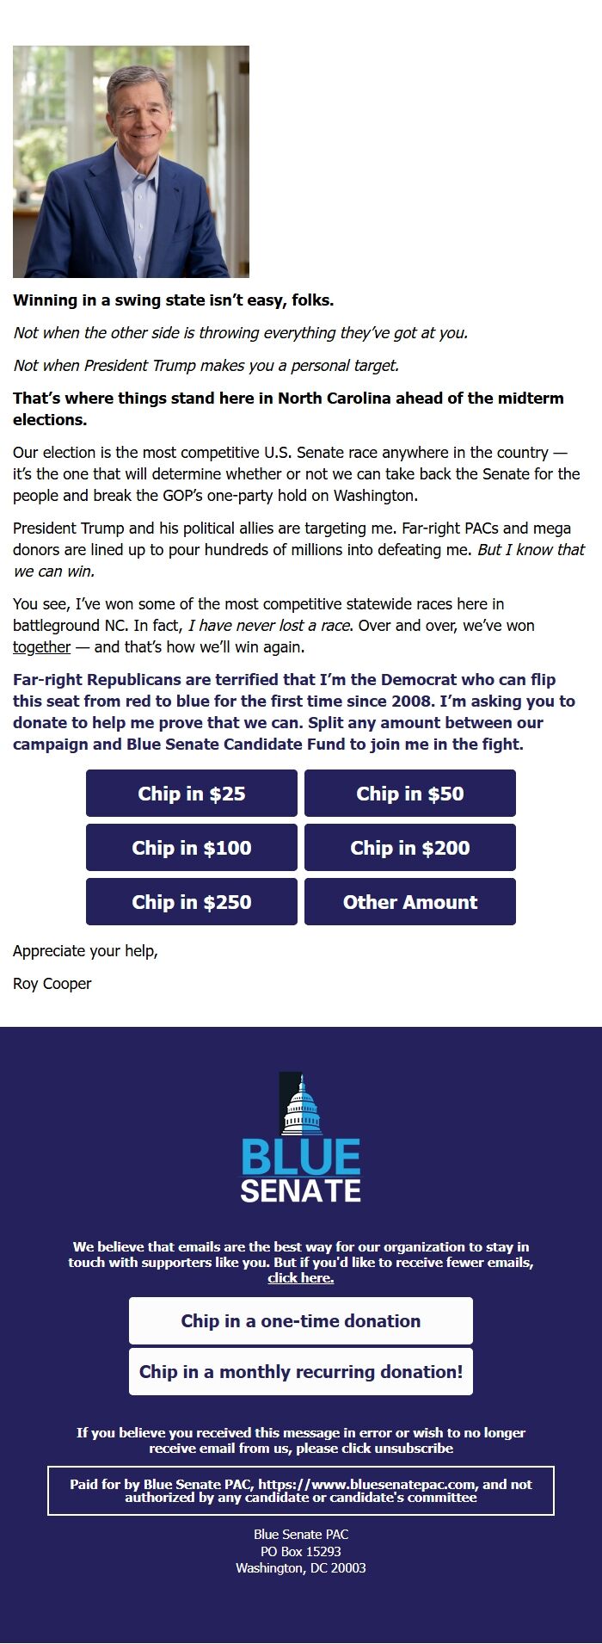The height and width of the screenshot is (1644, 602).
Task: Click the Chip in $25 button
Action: pyautogui.click(x=192, y=794)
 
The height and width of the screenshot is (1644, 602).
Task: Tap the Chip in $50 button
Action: pyautogui.click(x=410, y=794)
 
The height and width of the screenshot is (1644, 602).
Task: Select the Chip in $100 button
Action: pyautogui.click(x=192, y=848)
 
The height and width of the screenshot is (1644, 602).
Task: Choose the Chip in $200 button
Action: pyautogui.click(x=410, y=848)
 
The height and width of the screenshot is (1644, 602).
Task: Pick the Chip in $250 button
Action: pyautogui.click(x=192, y=902)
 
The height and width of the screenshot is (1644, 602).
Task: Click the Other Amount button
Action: pyautogui.click(x=410, y=902)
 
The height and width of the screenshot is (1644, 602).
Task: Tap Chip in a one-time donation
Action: pyautogui.click(x=301, y=1321)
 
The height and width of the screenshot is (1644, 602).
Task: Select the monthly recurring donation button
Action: pyautogui.click(x=301, y=1372)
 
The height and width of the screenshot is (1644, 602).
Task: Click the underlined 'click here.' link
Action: pyautogui.click(x=301, y=1278)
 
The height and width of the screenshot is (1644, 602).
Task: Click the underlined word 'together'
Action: pyautogui.click(x=41, y=647)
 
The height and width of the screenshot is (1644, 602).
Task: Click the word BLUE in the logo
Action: pyautogui.click(x=301, y=1158)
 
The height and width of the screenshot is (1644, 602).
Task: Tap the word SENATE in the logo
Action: pyautogui.click(x=301, y=1191)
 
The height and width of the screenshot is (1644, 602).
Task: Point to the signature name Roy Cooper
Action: pyautogui.click(x=52, y=984)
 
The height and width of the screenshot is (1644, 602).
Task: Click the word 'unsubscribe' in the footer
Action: pyautogui.click(x=419, y=1449)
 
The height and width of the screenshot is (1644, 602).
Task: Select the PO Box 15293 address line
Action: pyautogui.click(x=301, y=1552)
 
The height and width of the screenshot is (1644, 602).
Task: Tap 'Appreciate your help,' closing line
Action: pyautogui.click(x=85, y=951)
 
